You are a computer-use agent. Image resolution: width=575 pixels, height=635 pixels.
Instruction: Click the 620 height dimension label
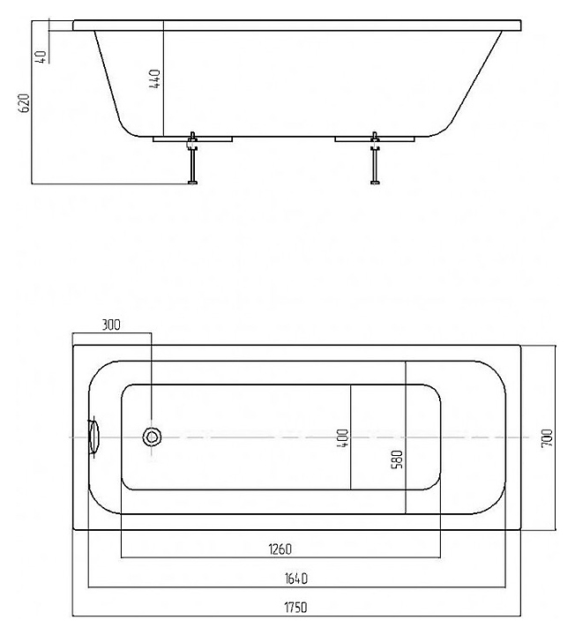click(26, 102)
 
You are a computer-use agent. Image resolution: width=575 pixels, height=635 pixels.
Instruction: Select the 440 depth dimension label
click(155, 81)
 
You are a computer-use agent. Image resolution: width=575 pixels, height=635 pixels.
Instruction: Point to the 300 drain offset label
click(111, 325)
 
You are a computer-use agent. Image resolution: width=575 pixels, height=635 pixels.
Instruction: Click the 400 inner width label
click(342, 437)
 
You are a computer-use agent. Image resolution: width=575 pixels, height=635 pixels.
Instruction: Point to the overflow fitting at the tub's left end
click(93, 436)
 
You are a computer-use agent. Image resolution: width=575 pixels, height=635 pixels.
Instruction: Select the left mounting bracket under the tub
click(191, 138)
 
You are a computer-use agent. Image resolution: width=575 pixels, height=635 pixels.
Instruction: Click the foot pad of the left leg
click(190, 183)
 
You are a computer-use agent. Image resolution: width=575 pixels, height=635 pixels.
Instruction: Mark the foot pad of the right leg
click(377, 183)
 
